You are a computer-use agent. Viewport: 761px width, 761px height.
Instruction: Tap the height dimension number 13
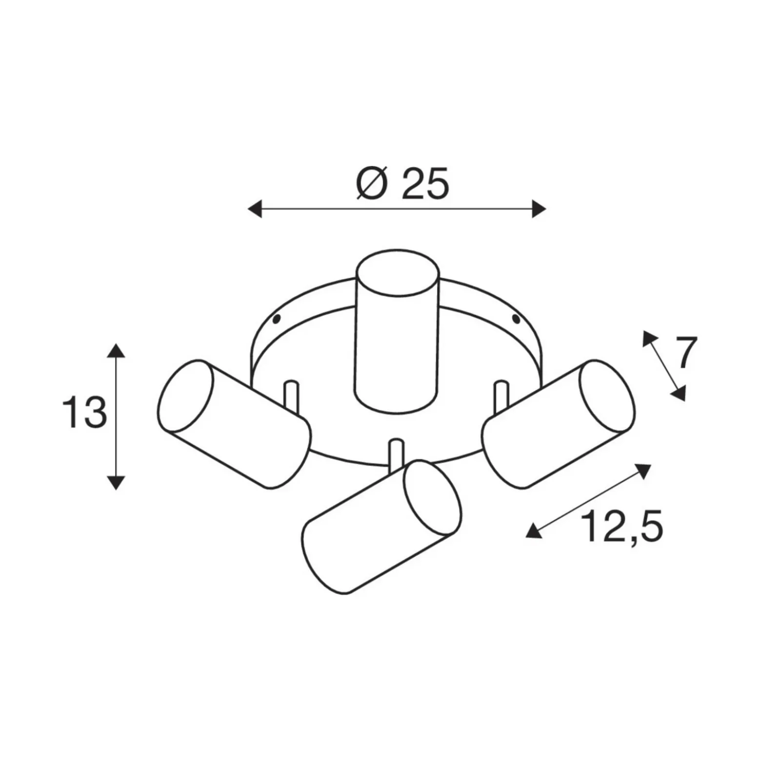point(84,413)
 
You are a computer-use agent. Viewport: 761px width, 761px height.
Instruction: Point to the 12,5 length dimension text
point(621,527)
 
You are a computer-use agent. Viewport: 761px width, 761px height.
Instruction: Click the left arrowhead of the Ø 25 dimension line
point(255,209)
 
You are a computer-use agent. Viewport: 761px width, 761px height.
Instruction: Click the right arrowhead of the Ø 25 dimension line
point(539,209)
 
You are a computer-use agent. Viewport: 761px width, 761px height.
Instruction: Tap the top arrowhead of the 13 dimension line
point(116,351)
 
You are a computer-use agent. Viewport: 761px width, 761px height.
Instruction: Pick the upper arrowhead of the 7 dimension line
point(649,337)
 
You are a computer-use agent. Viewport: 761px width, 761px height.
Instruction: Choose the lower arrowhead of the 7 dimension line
point(679,393)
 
